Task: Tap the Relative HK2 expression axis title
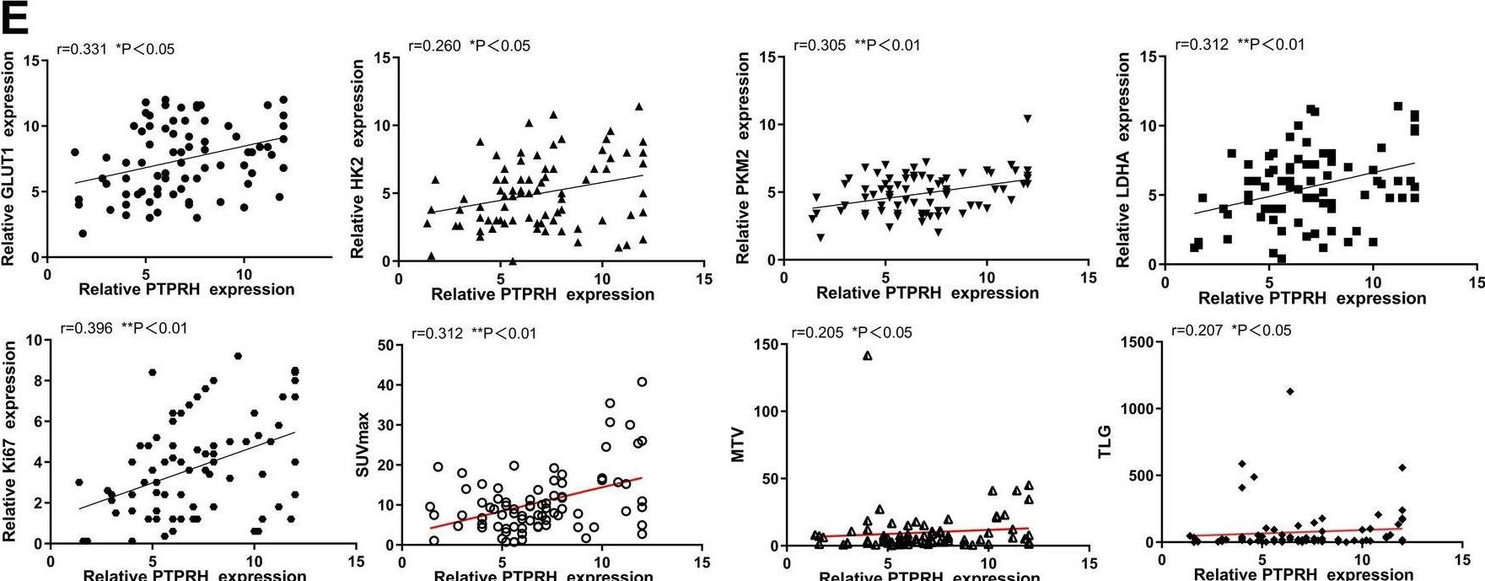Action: [358, 159]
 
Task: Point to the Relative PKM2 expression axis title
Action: [743, 158]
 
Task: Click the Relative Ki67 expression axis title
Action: [9, 440]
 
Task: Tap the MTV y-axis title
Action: [739, 449]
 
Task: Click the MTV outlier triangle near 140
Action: [868, 356]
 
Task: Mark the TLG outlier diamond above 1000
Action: [1289, 391]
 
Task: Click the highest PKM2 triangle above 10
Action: [1027, 119]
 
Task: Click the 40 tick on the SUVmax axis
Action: [385, 385]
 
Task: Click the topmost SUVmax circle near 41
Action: [642, 382]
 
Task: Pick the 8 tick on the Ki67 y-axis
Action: [35, 381]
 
